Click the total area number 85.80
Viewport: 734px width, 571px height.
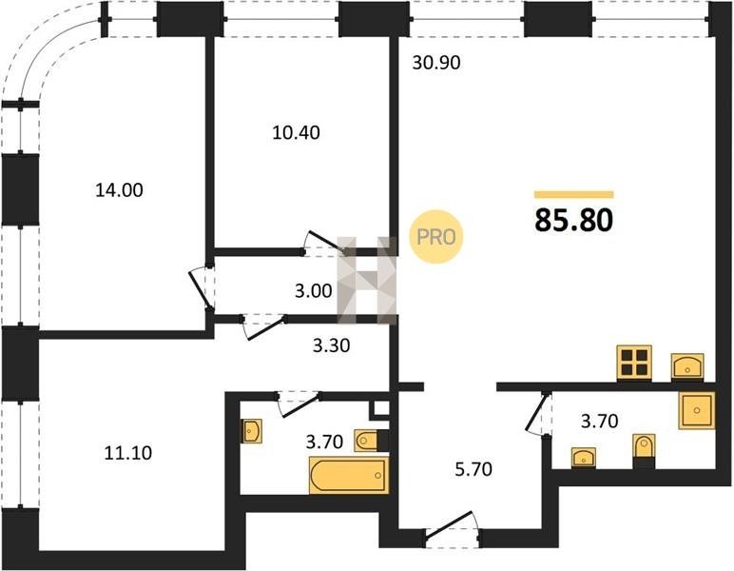tap(574, 220)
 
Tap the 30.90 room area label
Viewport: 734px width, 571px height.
tap(436, 62)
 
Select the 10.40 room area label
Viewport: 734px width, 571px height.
tap(297, 132)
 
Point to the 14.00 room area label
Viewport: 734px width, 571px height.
tap(120, 190)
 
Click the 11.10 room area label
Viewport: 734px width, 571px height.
tap(127, 453)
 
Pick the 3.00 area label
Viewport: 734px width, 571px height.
tap(314, 291)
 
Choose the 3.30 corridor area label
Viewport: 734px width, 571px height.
tap(332, 345)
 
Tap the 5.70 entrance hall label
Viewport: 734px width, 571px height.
tap(473, 469)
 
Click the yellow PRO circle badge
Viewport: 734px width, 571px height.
tap(435, 237)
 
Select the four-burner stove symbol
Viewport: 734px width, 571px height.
tap(634, 362)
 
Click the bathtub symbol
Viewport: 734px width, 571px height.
tap(349, 476)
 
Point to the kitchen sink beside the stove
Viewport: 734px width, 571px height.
tap(687, 365)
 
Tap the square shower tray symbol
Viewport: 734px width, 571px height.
tap(697, 411)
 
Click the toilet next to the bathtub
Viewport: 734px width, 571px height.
tap(366, 441)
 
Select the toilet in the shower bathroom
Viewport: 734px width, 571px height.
tap(644, 446)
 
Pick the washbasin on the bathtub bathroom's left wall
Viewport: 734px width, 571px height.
tap(251, 431)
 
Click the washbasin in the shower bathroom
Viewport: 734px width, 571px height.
tap(583, 457)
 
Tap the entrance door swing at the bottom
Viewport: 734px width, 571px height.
tap(452, 529)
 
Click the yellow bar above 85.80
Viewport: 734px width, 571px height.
tap(574, 194)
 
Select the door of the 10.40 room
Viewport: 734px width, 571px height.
tap(324, 244)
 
